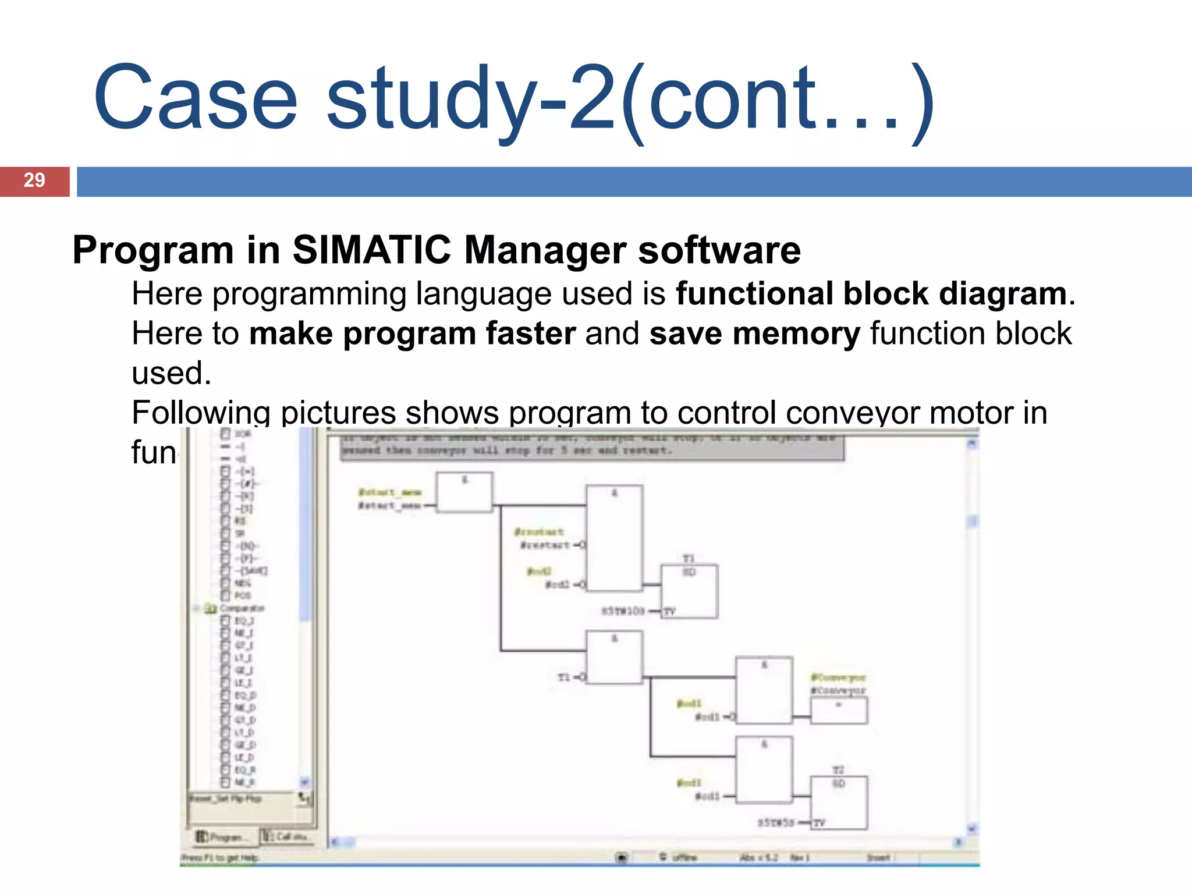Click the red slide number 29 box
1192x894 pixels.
34,181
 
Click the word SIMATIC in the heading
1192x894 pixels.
371,250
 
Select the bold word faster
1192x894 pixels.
530,334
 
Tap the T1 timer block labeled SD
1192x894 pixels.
689,591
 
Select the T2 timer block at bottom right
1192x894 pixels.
838,802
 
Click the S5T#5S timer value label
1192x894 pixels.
775,823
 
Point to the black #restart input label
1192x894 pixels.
545,545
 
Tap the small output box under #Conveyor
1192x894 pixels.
839,711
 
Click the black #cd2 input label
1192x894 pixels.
558,584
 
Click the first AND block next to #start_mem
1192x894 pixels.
464,492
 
